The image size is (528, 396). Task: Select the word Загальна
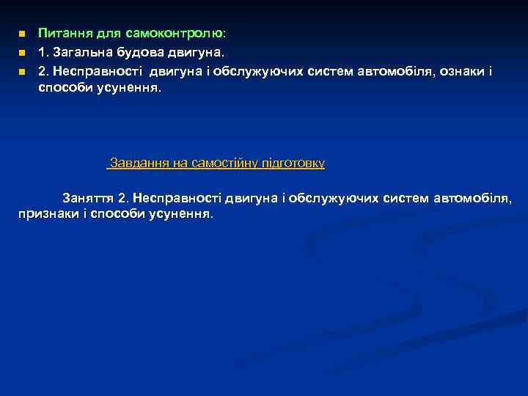point(81,52)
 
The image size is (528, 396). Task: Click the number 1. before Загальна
point(44,52)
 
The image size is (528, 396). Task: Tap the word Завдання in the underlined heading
point(139,162)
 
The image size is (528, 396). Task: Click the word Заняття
point(89,198)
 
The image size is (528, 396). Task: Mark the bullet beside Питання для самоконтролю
point(22,34)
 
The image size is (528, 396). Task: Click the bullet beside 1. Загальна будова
point(22,53)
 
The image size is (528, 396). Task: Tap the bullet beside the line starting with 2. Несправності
point(22,72)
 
